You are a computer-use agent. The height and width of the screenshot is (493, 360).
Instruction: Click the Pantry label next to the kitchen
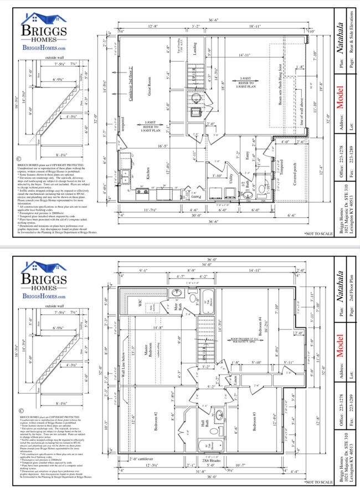coord(196,196)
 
